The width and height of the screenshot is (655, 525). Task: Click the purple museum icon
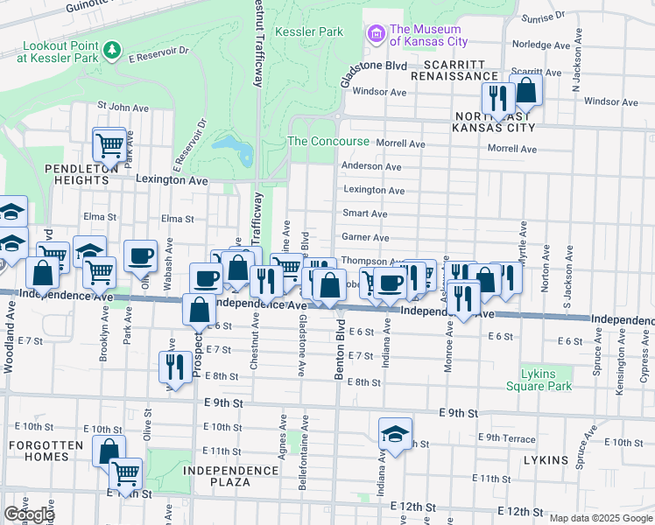point(377,34)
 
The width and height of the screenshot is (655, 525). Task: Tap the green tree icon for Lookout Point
point(111,51)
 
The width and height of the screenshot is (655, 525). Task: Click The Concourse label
point(328,142)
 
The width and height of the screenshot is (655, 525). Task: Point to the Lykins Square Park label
point(544,380)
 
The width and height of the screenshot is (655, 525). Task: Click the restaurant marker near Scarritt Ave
point(497,97)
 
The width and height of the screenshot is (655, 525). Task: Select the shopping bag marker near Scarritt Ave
point(526,90)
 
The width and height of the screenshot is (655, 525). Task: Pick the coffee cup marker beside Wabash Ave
point(140,256)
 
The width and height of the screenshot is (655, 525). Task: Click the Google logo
point(29,514)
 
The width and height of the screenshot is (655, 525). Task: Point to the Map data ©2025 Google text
point(601,518)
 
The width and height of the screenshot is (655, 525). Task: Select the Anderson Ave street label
point(372,166)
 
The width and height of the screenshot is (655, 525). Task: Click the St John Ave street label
point(119,106)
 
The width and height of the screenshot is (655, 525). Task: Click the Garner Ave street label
point(365,237)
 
